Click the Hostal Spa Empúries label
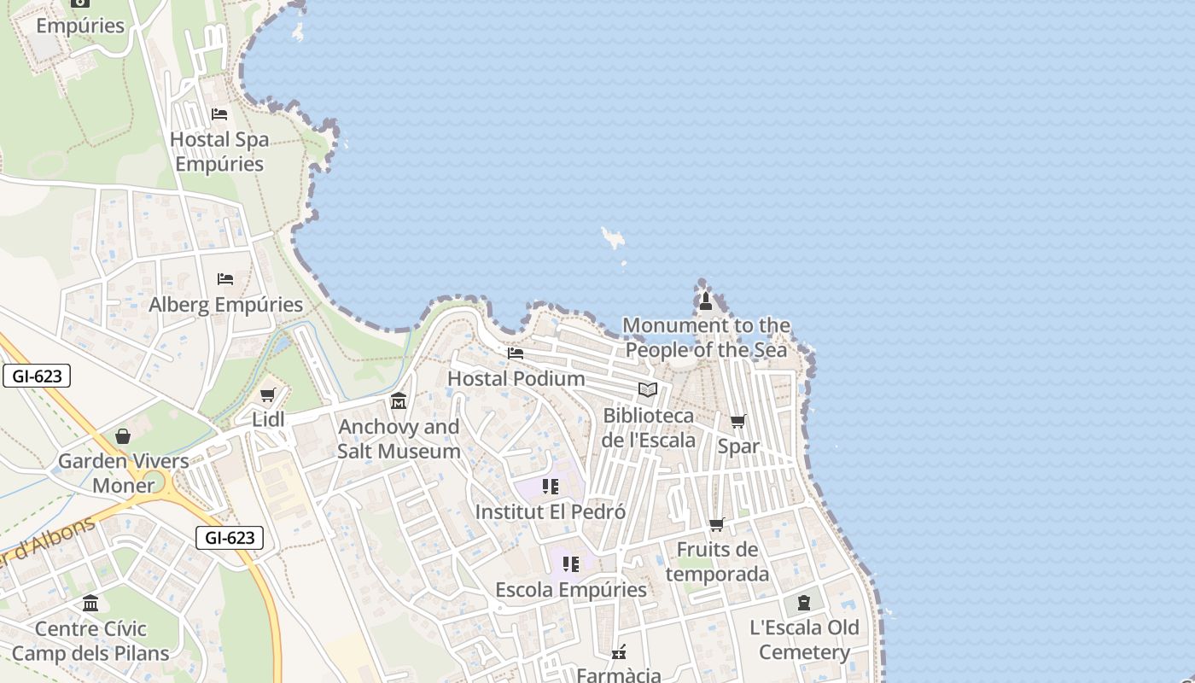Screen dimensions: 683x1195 (219, 151)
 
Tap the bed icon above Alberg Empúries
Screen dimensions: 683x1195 (225, 279)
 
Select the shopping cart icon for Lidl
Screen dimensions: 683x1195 (268, 394)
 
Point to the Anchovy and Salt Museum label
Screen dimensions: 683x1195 (399, 439)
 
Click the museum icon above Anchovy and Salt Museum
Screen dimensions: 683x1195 (399, 401)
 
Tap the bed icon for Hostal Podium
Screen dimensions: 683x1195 (516, 353)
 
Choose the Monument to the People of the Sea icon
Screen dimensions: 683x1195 (706, 301)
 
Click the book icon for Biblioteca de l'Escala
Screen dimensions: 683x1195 (649, 390)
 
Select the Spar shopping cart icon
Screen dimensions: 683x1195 (738, 421)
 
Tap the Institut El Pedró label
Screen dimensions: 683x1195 (550, 512)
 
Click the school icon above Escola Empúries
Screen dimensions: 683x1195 (571, 564)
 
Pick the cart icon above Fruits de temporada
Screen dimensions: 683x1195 (717, 524)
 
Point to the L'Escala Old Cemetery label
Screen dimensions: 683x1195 (804, 640)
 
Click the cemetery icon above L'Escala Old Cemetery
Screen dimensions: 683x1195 (804, 603)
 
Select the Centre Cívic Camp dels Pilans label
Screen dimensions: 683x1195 (90, 641)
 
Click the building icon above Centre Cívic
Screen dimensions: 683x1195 (90, 604)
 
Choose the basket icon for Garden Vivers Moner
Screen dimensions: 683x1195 (123, 436)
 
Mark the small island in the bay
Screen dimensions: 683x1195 (612, 237)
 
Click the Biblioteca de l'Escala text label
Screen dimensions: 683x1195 (649, 428)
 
